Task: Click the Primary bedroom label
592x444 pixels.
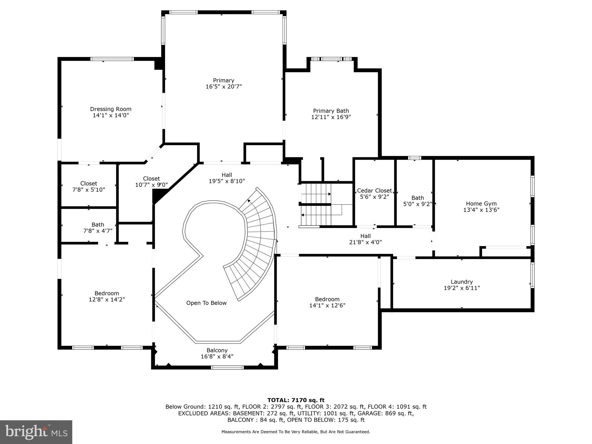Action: click(223, 80)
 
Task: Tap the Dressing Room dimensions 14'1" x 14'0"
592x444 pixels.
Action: click(111, 115)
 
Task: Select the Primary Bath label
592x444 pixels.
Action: click(331, 111)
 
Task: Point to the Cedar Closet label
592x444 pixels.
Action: click(374, 191)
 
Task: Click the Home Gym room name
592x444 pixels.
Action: click(481, 204)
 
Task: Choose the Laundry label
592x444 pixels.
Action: click(462, 282)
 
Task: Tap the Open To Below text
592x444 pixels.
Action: click(206, 303)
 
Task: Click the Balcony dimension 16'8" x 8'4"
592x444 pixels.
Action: click(217, 356)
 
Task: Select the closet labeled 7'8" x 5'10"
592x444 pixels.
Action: click(88, 187)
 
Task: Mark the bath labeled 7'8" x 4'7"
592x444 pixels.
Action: click(98, 228)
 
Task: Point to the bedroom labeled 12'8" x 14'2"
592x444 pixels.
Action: click(107, 297)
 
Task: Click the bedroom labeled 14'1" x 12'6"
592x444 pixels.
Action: click(327, 302)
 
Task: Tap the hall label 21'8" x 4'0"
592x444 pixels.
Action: click(365, 239)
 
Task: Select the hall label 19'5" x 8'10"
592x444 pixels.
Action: click(227, 178)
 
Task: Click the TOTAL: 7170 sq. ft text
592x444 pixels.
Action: click(296, 400)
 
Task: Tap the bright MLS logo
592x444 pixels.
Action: click(36, 432)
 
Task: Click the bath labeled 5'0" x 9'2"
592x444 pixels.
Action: click(417, 201)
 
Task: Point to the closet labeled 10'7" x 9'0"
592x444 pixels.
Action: click(151, 182)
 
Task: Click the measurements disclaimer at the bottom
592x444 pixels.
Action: click(296, 432)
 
